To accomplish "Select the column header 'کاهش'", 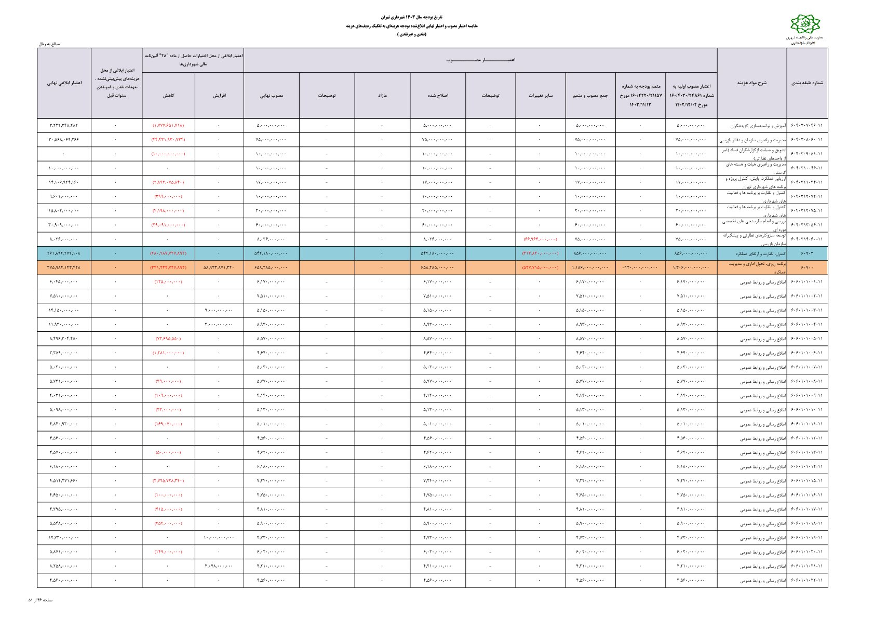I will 168,96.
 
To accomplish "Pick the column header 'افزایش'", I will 219,96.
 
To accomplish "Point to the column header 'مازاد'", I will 382,96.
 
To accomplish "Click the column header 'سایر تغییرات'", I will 540,96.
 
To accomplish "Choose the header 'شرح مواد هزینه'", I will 751,83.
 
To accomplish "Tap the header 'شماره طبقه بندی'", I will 807,83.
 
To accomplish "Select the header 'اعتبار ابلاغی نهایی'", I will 64,83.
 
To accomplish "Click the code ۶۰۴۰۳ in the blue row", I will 807,253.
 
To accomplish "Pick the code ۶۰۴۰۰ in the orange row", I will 807,268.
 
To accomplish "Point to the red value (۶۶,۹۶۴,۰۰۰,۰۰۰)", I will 540,239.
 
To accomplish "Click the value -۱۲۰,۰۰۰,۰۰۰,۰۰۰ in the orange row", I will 640,268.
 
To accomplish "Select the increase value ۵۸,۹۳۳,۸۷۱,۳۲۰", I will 219,268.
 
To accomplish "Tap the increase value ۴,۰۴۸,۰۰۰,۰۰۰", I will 219,566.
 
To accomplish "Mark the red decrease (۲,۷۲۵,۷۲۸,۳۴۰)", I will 168,481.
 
